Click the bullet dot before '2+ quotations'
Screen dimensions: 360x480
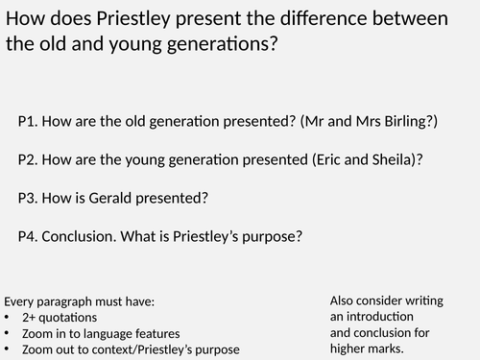[8, 317]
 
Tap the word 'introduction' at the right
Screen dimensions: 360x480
[380, 316]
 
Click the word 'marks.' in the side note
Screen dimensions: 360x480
[394, 348]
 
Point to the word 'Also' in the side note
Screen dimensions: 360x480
[344, 300]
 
